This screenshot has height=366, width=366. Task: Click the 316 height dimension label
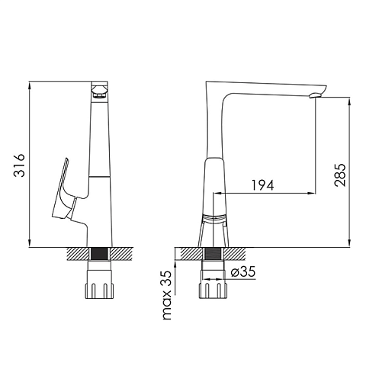pyautogui.click(x=19, y=165)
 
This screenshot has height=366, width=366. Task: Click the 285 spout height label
pyautogui.click(x=340, y=175)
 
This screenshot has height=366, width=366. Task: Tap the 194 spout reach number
pyautogui.click(x=263, y=185)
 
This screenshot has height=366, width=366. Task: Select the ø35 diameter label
pyautogui.click(x=243, y=272)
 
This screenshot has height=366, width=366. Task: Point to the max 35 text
pyautogui.click(x=167, y=295)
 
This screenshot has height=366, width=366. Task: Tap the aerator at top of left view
pyautogui.click(x=100, y=91)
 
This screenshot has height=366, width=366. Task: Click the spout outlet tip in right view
pyautogui.click(x=316, y=95)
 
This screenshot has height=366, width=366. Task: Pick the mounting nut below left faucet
pyautogui.click(x=99, y=284)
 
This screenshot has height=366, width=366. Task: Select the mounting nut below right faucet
pyautogui.click(x=213, y=284)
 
